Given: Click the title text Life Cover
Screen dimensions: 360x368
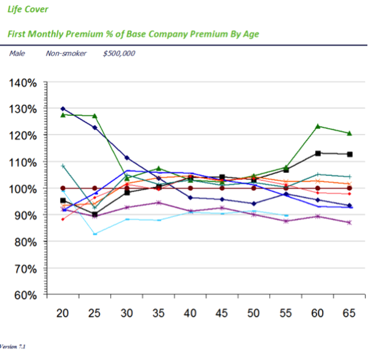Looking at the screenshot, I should pos(28,10).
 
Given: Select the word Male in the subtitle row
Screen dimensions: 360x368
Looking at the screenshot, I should pos(17,53).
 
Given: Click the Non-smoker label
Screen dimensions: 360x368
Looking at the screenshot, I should pos(66,53).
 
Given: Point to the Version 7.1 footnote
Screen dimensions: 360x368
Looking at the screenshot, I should pos(13,347).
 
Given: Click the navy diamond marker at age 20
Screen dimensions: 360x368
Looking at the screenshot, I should pos(63,109).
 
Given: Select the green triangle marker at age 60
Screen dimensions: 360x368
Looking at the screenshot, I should pos(318,126).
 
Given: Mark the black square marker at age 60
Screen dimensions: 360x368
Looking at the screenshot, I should pos(318,153).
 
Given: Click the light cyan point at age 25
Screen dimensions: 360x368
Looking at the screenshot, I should pos(95,234).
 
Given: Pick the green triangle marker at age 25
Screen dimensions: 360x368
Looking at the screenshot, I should pos(95,116).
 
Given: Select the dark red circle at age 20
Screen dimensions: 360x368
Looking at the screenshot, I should pos(63,188).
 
